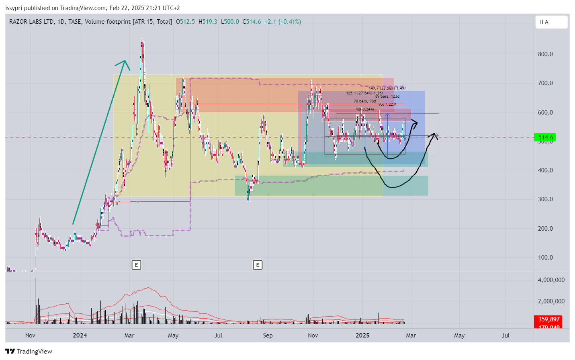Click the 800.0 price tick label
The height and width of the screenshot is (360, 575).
pos(545,54)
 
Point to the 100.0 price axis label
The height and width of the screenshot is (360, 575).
pos(545,258)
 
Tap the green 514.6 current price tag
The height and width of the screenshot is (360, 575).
pos(545,137)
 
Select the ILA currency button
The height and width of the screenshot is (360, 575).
pos(551,22)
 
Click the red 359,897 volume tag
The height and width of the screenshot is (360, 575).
pos(548,319)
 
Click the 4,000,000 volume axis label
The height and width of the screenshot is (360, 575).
pos(551,280)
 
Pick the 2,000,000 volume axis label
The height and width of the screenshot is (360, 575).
pos(551,301)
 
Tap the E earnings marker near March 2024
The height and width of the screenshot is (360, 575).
pos(137,265)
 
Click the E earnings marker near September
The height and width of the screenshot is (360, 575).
pos(258,265)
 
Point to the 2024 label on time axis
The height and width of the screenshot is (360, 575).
pos(80,335)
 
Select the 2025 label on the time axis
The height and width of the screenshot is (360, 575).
pos(362,335)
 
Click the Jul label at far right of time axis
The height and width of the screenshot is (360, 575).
pos(505,335)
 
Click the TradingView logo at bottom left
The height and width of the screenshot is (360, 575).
pos(29,352)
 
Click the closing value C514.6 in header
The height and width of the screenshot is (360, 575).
pos(252,22)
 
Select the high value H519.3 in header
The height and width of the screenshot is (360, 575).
pos(208,22)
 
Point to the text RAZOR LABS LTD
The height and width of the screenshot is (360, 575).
pos(31,22)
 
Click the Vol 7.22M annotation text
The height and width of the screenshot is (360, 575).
pos(387,104)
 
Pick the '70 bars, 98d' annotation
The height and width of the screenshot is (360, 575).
pos(364,101)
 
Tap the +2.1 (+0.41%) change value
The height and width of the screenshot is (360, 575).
pos(282,22)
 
